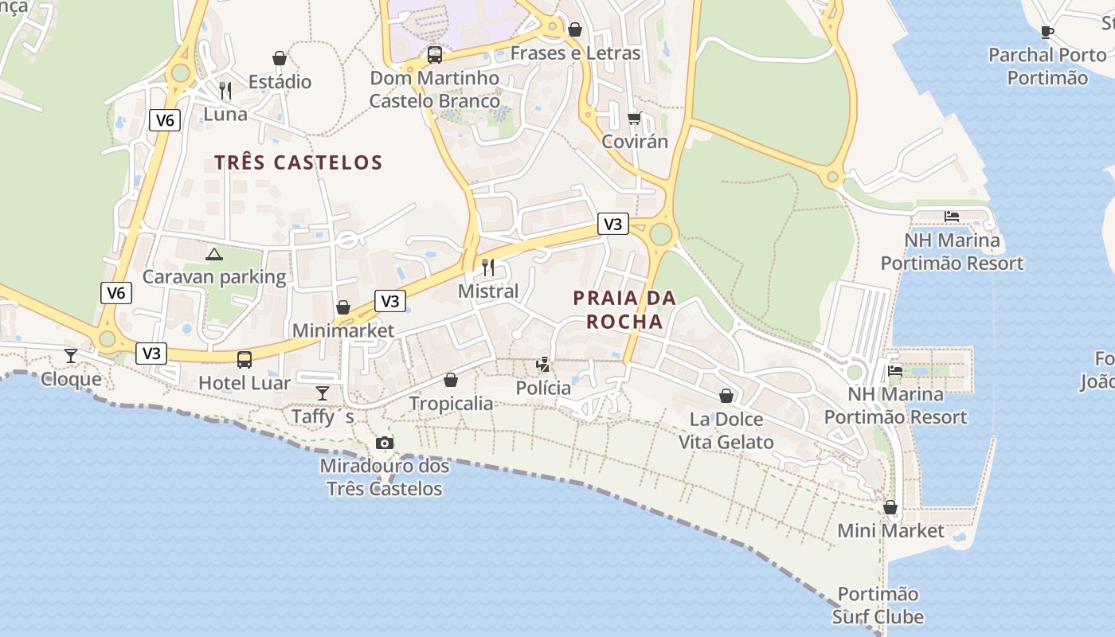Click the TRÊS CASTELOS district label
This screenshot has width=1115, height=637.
299,162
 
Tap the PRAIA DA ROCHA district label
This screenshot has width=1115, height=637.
624,310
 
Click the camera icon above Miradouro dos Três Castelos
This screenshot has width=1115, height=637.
385,443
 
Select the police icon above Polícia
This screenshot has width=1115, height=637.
543,365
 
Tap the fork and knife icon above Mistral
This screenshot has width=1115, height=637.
488,267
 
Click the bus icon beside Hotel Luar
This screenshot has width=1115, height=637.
245,359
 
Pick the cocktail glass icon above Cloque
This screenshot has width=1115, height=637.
71,355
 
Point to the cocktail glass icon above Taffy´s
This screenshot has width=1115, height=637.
323,393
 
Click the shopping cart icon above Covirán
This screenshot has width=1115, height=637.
634,118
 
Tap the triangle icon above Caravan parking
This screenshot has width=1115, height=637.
213,254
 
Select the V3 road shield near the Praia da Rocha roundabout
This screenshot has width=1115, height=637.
612,225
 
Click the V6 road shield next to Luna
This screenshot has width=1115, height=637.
165,120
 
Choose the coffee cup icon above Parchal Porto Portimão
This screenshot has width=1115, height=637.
1047,32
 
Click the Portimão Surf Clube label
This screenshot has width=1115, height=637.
878,605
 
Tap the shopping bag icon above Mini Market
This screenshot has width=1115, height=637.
890,507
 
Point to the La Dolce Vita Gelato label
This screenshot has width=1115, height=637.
726,430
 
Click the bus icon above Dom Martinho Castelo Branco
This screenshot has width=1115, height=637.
435,55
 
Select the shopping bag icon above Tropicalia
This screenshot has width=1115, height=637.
451,380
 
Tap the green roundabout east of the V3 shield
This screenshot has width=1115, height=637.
660,234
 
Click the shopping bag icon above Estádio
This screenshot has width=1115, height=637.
280,58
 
